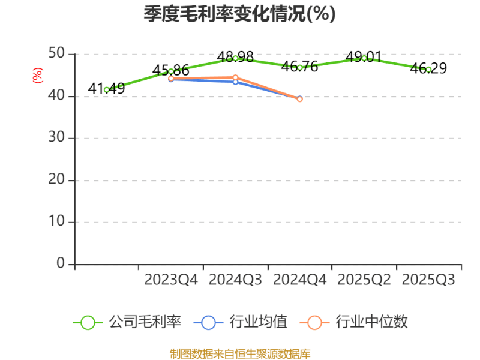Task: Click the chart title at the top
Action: pos(239,14)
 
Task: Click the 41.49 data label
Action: pos(106,89)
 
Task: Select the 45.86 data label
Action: pos(170,71)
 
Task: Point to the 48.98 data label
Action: pos(235,57)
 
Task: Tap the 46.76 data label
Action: pos(299,67)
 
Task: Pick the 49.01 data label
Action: pos(364,57)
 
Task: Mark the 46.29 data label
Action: pos(428,68)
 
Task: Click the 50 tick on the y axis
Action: pos(57,54)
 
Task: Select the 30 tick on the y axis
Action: pos(57,138)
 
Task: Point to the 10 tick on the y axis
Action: pos(57,222)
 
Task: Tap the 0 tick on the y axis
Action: pos(61,263)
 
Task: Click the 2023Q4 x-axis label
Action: pos(170,280)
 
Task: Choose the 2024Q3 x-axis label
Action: pos(235,280)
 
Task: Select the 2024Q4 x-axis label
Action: pos(299,280)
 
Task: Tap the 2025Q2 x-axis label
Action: pos(364,280)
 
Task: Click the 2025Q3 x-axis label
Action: pos(428,280)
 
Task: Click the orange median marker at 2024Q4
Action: pos(299,99)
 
